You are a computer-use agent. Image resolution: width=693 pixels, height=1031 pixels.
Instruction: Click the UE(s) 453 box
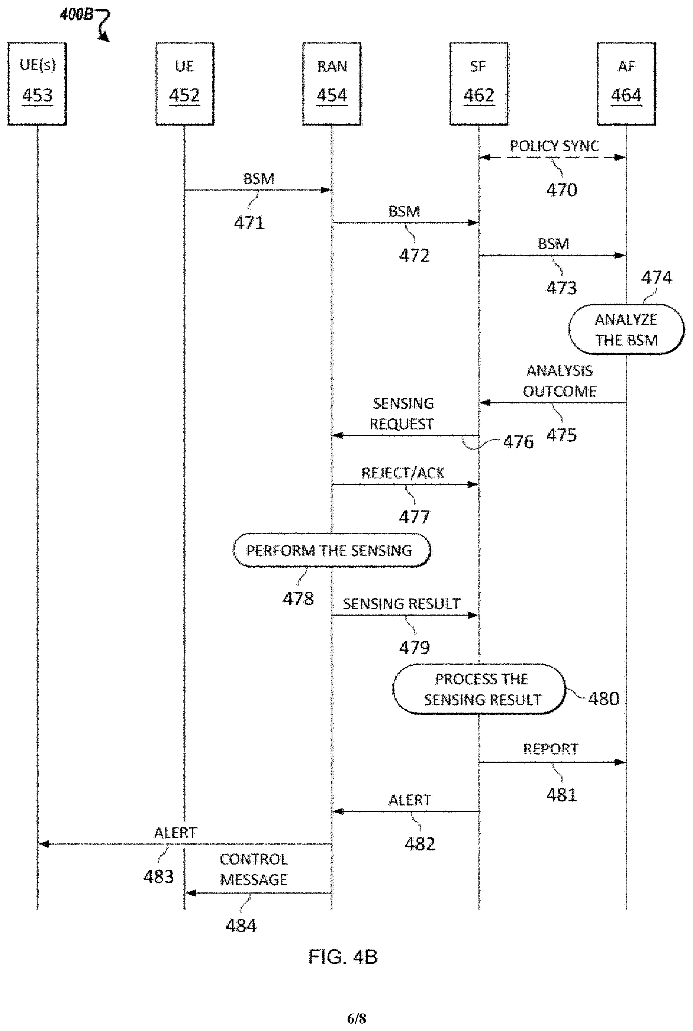[37, 84]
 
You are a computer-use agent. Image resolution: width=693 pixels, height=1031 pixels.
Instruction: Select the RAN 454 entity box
[332, 84]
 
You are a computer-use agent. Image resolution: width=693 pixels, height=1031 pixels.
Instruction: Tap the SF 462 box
[479, 84]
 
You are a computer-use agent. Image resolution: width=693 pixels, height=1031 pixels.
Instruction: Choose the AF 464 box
[627, 84]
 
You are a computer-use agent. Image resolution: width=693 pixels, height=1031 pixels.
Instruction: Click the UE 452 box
[185, 84]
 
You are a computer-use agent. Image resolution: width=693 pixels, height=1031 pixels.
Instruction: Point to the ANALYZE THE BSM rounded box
[626, 330]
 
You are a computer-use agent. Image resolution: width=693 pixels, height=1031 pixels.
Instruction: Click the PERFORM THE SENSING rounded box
[332, 550]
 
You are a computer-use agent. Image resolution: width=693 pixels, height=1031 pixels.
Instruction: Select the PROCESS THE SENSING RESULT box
[480, 689]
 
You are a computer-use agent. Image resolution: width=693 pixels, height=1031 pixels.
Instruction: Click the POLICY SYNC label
[554, 146]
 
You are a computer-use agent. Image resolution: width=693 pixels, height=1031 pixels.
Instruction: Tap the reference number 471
[249, 223]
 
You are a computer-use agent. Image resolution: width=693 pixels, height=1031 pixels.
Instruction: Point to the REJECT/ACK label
[403, 473]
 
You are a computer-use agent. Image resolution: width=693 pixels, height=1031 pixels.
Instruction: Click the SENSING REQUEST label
[402, 414]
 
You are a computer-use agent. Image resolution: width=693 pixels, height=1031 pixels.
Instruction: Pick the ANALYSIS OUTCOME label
[560, 381]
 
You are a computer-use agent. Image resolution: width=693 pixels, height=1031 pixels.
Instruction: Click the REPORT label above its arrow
[551, 749]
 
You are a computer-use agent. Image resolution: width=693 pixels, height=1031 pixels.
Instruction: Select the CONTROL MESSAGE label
[254, 869]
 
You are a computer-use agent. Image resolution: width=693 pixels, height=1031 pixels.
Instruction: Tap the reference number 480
[603, 699]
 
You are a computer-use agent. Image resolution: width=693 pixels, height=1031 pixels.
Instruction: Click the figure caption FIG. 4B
[343, 957]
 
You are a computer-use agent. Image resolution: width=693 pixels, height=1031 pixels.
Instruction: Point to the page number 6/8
[357, 1019]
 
